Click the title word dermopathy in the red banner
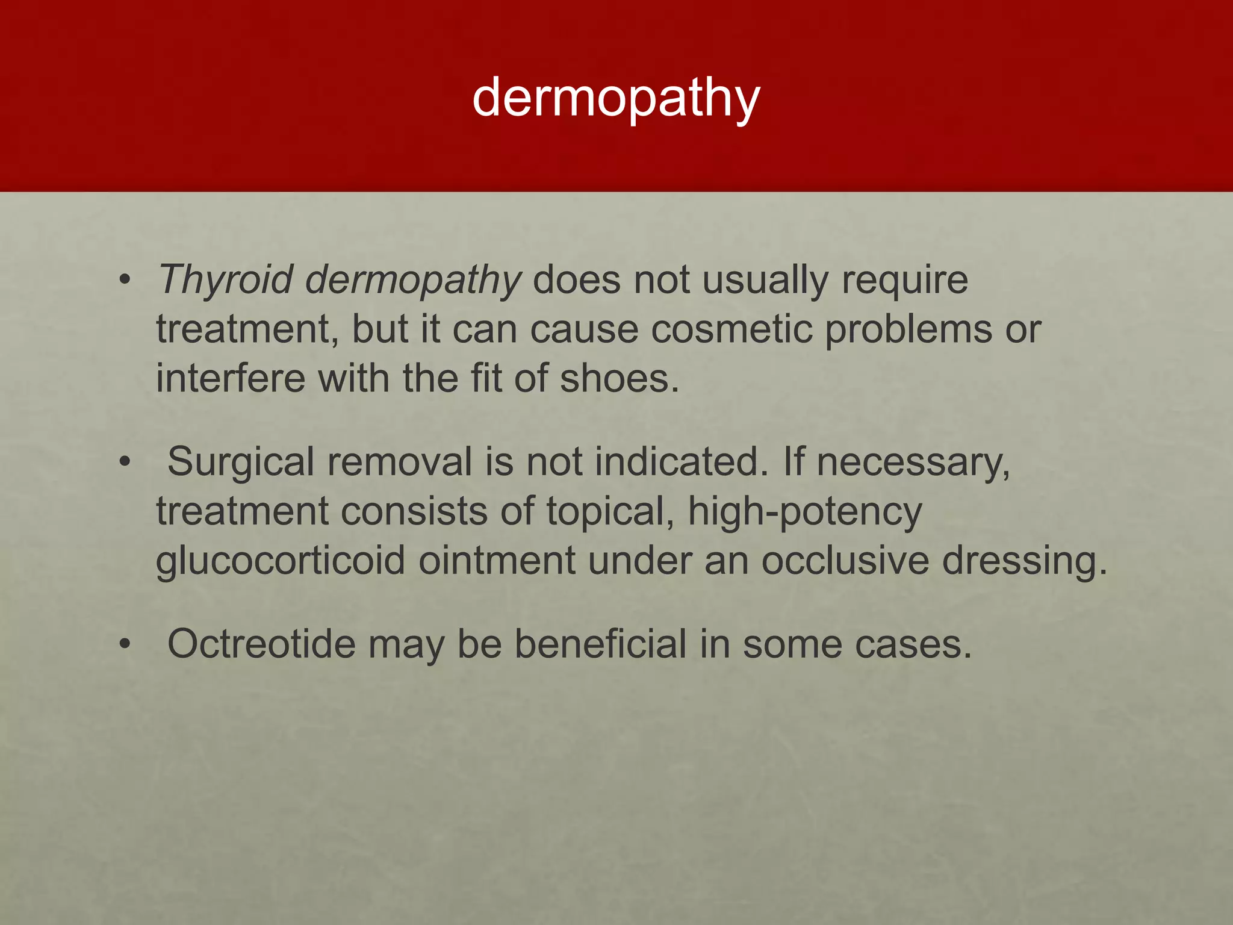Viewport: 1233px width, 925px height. coord(616,98)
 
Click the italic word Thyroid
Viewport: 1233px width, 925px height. coord(226,280)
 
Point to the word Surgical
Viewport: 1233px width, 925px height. coord(241,462)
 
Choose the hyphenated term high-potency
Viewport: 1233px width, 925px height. coord(804,512)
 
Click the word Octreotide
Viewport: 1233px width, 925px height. coord(261,644)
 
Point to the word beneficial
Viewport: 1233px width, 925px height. coord(601,644)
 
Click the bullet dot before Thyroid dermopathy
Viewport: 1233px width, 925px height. coord(125,281)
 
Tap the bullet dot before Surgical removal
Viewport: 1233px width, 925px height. coord(125,463)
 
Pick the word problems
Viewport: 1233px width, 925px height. coord(908,329)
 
